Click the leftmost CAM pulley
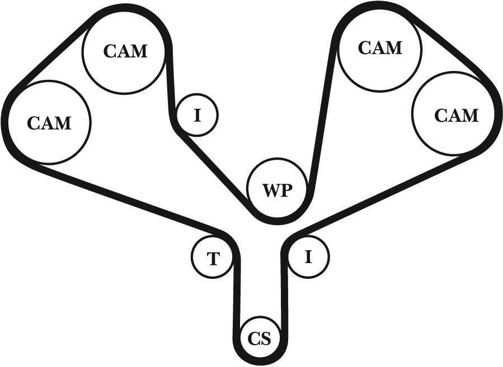pyautogui.click(x=49, y=122)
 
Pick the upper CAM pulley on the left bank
pyautogui.click(x=125, y=51)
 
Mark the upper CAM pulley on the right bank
pyautogui.click(x=379, y=48)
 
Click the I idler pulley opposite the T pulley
pyautogui.click(x=307, y=256)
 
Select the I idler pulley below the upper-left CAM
pyautogui.click(x=197, y=115)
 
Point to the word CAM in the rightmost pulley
pyautogui.click(x=457, y=115)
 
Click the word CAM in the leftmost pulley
pyautogui.click(x=49, y=122)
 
